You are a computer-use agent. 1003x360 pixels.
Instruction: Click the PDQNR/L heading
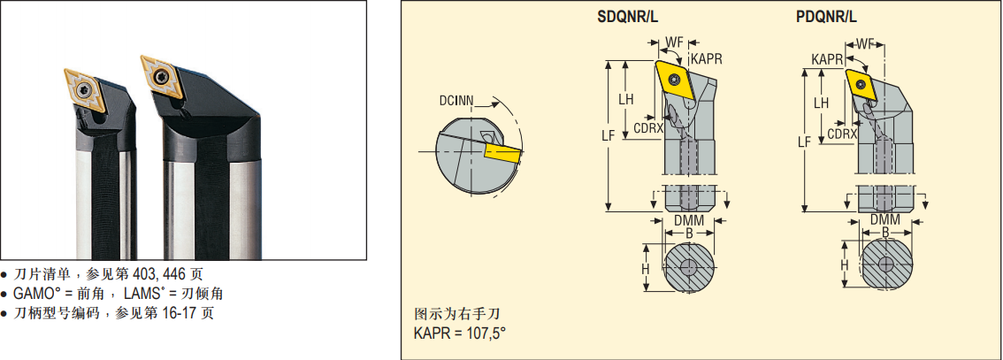pos(825,16)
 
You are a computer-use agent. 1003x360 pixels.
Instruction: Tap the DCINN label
pos(455,100)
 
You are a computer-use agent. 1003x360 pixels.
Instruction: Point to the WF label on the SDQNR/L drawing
pos(675,41)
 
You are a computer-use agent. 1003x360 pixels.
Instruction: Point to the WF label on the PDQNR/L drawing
pos(865,42)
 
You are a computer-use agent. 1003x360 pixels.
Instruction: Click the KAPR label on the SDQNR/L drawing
pos(707,58)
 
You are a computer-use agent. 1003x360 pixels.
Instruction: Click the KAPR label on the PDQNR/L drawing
pos(827,58)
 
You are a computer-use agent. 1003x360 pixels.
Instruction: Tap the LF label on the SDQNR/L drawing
pos(608,135)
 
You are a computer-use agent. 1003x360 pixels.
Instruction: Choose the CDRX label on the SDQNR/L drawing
pos(648,127)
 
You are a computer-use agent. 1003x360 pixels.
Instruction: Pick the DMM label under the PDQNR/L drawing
pos(884,218)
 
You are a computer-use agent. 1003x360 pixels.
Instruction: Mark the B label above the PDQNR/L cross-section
pos(884,232)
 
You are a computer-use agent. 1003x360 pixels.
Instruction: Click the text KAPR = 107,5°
pos(459,333)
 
